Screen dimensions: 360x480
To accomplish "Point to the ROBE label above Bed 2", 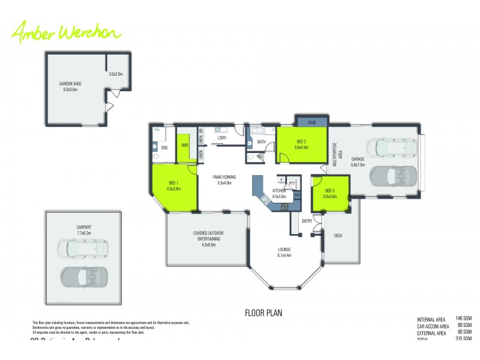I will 311,122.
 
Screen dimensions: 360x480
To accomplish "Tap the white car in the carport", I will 78,247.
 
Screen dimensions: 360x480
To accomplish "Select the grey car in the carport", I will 83,277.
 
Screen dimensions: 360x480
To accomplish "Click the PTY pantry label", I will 292,183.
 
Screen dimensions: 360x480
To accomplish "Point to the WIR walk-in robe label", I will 186,145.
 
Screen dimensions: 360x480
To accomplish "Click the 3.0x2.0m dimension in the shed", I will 116,74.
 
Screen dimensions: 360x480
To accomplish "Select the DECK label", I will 338,236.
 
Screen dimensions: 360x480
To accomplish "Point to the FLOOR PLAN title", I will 263,313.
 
